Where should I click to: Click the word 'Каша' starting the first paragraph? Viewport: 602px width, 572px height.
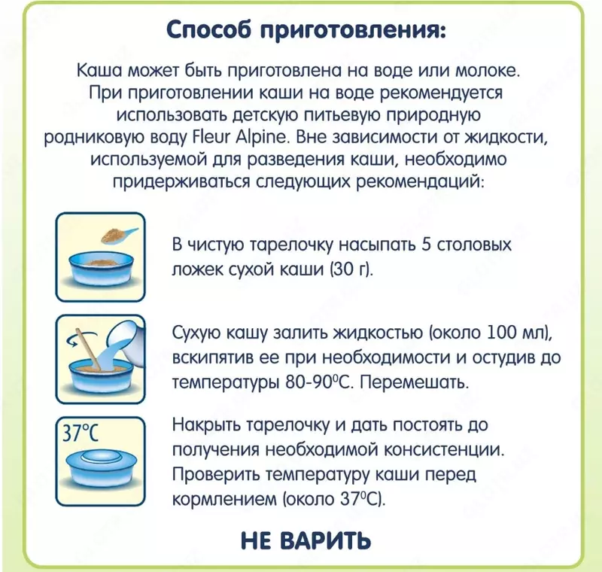(x=99, y=70)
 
